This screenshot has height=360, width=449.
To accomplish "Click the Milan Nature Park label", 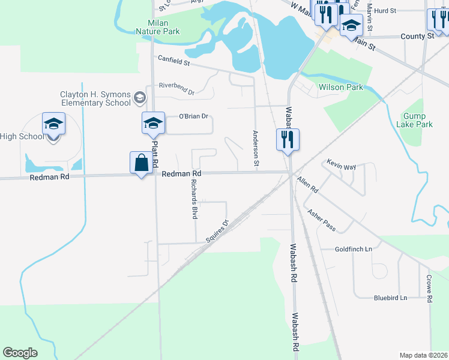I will pyautogui.click(x=157, y=26).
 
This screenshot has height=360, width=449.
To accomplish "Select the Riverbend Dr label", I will pyautogui.click(x=176, y=88).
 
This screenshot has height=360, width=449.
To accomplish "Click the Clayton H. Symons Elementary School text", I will pyautogui.click(x=95, y=98).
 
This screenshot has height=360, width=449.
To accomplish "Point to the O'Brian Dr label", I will pyautogui.click(x=193, y=116).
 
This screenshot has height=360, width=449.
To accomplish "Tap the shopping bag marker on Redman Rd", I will pyautogui.click(x=140, y=164).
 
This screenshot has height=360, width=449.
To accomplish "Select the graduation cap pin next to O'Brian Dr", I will pyautogui.click(x=152, y=124).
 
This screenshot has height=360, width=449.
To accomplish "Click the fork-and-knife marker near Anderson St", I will pyautogui.click(x=288, y=140).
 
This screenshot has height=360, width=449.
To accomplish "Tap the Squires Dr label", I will pyautogui.click(x=217, y=231).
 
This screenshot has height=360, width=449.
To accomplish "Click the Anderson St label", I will pyautogui.click(x=256, y=148).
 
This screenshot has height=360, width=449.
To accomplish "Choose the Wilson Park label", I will pyautogui.click(x=341, y=87).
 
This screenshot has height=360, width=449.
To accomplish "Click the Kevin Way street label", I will pyautogui.click(x=341, y=164).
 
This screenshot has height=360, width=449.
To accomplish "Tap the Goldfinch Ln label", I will pyautogui.click(x=354, y=249).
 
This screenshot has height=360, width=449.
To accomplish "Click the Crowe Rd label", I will pyautogui.click(x=429, y=289).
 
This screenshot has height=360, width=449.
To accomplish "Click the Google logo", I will pyautogui.click(x=20, y=353).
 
